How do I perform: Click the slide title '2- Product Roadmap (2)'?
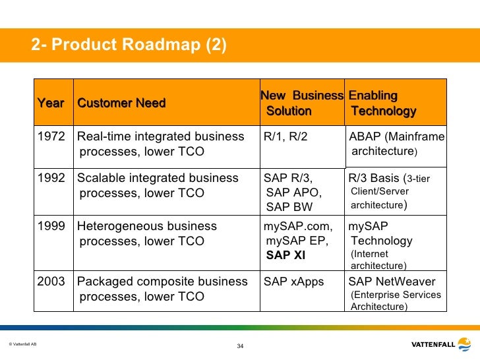pyautogui.click(x=129, y=45)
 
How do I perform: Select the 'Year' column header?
pyautogui.click(x=51, y=104)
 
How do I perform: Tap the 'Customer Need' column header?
pyautogui.click(x=121, y=104)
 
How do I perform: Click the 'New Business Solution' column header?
pyautogui.click(x=301, y=104)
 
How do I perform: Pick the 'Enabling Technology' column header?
pyautogui.click(x=382, y=104)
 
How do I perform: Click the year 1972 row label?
pyautogui.click(x=51, y=137)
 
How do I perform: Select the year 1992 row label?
pyautogui.click(x=51, y=178)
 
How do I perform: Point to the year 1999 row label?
pyautogui.click(x=51, y=226)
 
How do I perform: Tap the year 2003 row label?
pyautogui.click(x=51, y=282)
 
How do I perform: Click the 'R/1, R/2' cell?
pyautogui.click(x=285, y=137)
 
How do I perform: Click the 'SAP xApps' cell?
pyautogui.click(x=293, y=282)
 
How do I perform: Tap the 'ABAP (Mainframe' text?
pyautogui.click(x=396, y=137)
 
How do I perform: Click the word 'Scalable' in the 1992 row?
pyautogui.click(x=99, y=178)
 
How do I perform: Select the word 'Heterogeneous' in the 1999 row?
pyautogui.click(x=115, y=226)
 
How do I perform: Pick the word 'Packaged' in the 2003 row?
pyautogui.click(x=101, y=282)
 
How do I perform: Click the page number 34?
pyautogui.click(x=240, y=347)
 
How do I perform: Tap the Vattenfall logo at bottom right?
pyautogui.click(x=440, y=344)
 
